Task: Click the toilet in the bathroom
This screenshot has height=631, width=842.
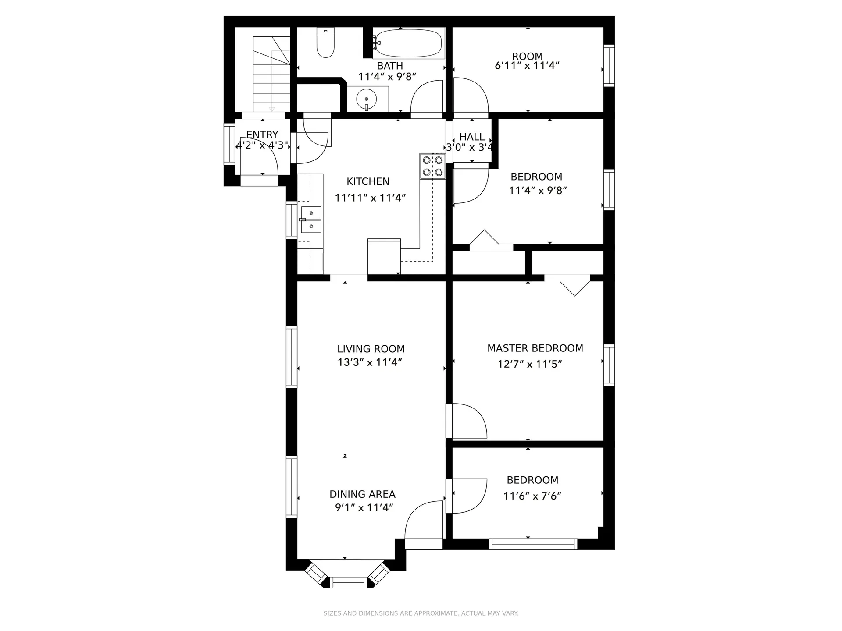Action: (x=325, y=43)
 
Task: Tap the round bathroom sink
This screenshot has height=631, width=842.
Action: (x=366, y=99)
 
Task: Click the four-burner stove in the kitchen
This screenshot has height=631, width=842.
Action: (x=432, y=166)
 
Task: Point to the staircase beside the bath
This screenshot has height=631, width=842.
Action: (x=271, y=74)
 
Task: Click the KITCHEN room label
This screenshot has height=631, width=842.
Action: (x=368, y=181)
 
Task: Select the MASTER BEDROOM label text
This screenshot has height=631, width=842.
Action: (x=535, y=348)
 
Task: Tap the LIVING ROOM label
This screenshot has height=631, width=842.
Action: (x=371, y=349)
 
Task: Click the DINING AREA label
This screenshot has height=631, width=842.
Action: (x=363, y=494)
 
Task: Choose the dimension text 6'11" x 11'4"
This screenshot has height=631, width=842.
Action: (x=527, y=66)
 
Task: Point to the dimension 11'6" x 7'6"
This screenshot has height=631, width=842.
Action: (x=532, y=496)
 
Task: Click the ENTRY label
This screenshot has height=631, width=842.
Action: (x=262, y=135)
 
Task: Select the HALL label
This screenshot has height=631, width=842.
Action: (x=472, y=137)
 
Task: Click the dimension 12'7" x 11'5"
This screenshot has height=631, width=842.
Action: (x=530, y=364)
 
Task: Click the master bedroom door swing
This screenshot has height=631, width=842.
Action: (x=468, y=421)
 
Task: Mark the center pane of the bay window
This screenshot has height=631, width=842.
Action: (x=347, y=582)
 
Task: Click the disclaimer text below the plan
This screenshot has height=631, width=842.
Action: (x=421, y=613)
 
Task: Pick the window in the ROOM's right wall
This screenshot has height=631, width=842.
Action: (x=609, y=65)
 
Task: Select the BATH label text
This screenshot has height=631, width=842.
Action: (x=390, y=66)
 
